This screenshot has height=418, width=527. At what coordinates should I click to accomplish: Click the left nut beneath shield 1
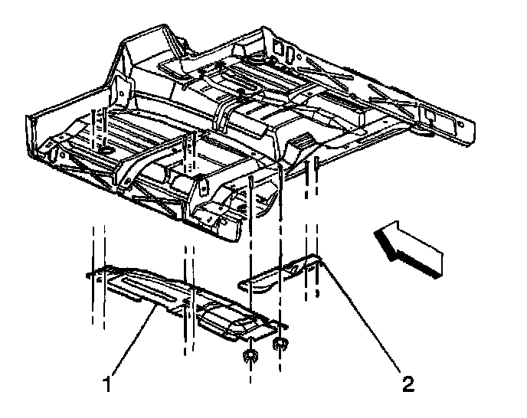(x=250, y=354)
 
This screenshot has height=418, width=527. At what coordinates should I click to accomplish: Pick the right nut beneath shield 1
(x=280, y=344)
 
